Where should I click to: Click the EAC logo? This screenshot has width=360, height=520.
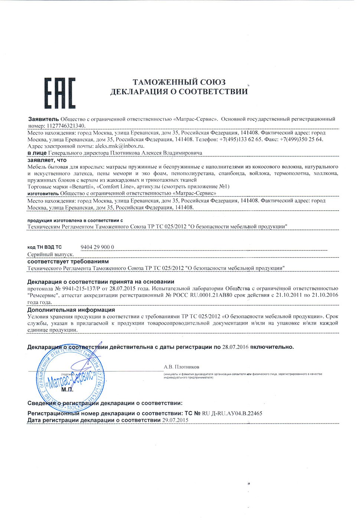[x=60, y=93]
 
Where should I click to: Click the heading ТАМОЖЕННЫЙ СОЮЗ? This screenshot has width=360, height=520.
[x=179, y=82]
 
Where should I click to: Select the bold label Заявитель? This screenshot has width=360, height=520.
[x=43, y=119]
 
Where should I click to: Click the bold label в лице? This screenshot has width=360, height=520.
[x=37, y=153]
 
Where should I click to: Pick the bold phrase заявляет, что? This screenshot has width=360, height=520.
[x=47, y=160]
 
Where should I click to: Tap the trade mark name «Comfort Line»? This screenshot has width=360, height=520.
[x=115, y=186]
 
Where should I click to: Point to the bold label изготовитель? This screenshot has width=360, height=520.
[x=43, y=194]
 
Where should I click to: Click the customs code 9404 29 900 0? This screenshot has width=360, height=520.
[x=97, y=247]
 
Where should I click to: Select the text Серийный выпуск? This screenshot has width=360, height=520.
[x=50, y=254]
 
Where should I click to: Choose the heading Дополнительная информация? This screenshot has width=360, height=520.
[x=71, y=310]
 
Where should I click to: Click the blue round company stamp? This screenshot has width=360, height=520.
[x=71, y=377]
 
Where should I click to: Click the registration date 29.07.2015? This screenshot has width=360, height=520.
[x=175, y=420]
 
